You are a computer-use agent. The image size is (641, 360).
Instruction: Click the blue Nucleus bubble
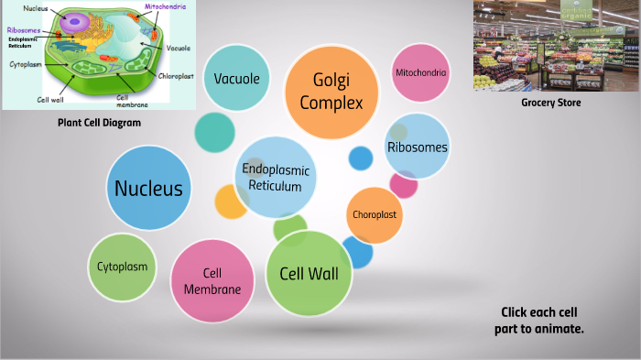pyautogui.click(x=148, y=189)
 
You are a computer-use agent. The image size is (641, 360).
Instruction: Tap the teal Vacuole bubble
pyautogui.click(x=236, y=79)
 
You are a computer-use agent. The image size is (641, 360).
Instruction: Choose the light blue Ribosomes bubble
pyautogui.click(x=418, y=147)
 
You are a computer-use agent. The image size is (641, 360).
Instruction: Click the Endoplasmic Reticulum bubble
pyautogui.click(x=276, y=178)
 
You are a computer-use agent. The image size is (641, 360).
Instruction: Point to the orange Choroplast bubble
pyautogui.click(x=375, y=214)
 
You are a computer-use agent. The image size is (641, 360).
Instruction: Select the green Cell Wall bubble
pyautogui.click(x=309, y=273)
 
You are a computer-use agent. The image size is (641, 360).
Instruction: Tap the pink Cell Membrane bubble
pyautogui.click(x=212, y=281)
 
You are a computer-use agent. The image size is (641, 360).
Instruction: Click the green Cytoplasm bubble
pyautogui.click(x=123, y=267)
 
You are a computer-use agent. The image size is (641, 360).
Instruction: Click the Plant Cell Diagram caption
pyautogui.click(x=99, y=123)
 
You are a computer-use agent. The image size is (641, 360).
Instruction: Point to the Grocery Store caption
pyautogui.click(x=551, y=103)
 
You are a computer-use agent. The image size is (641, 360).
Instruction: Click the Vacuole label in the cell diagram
pyautogui.click(x=179, y=48)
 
